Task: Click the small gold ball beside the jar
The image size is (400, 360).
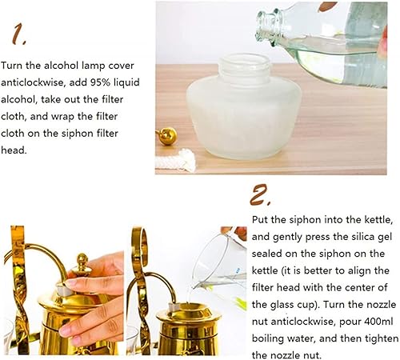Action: point(167,136)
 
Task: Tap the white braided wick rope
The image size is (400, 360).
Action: point(179,162)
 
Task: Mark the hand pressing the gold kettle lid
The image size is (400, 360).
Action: point(96,296)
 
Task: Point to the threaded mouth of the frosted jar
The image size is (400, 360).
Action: point(232,63)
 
